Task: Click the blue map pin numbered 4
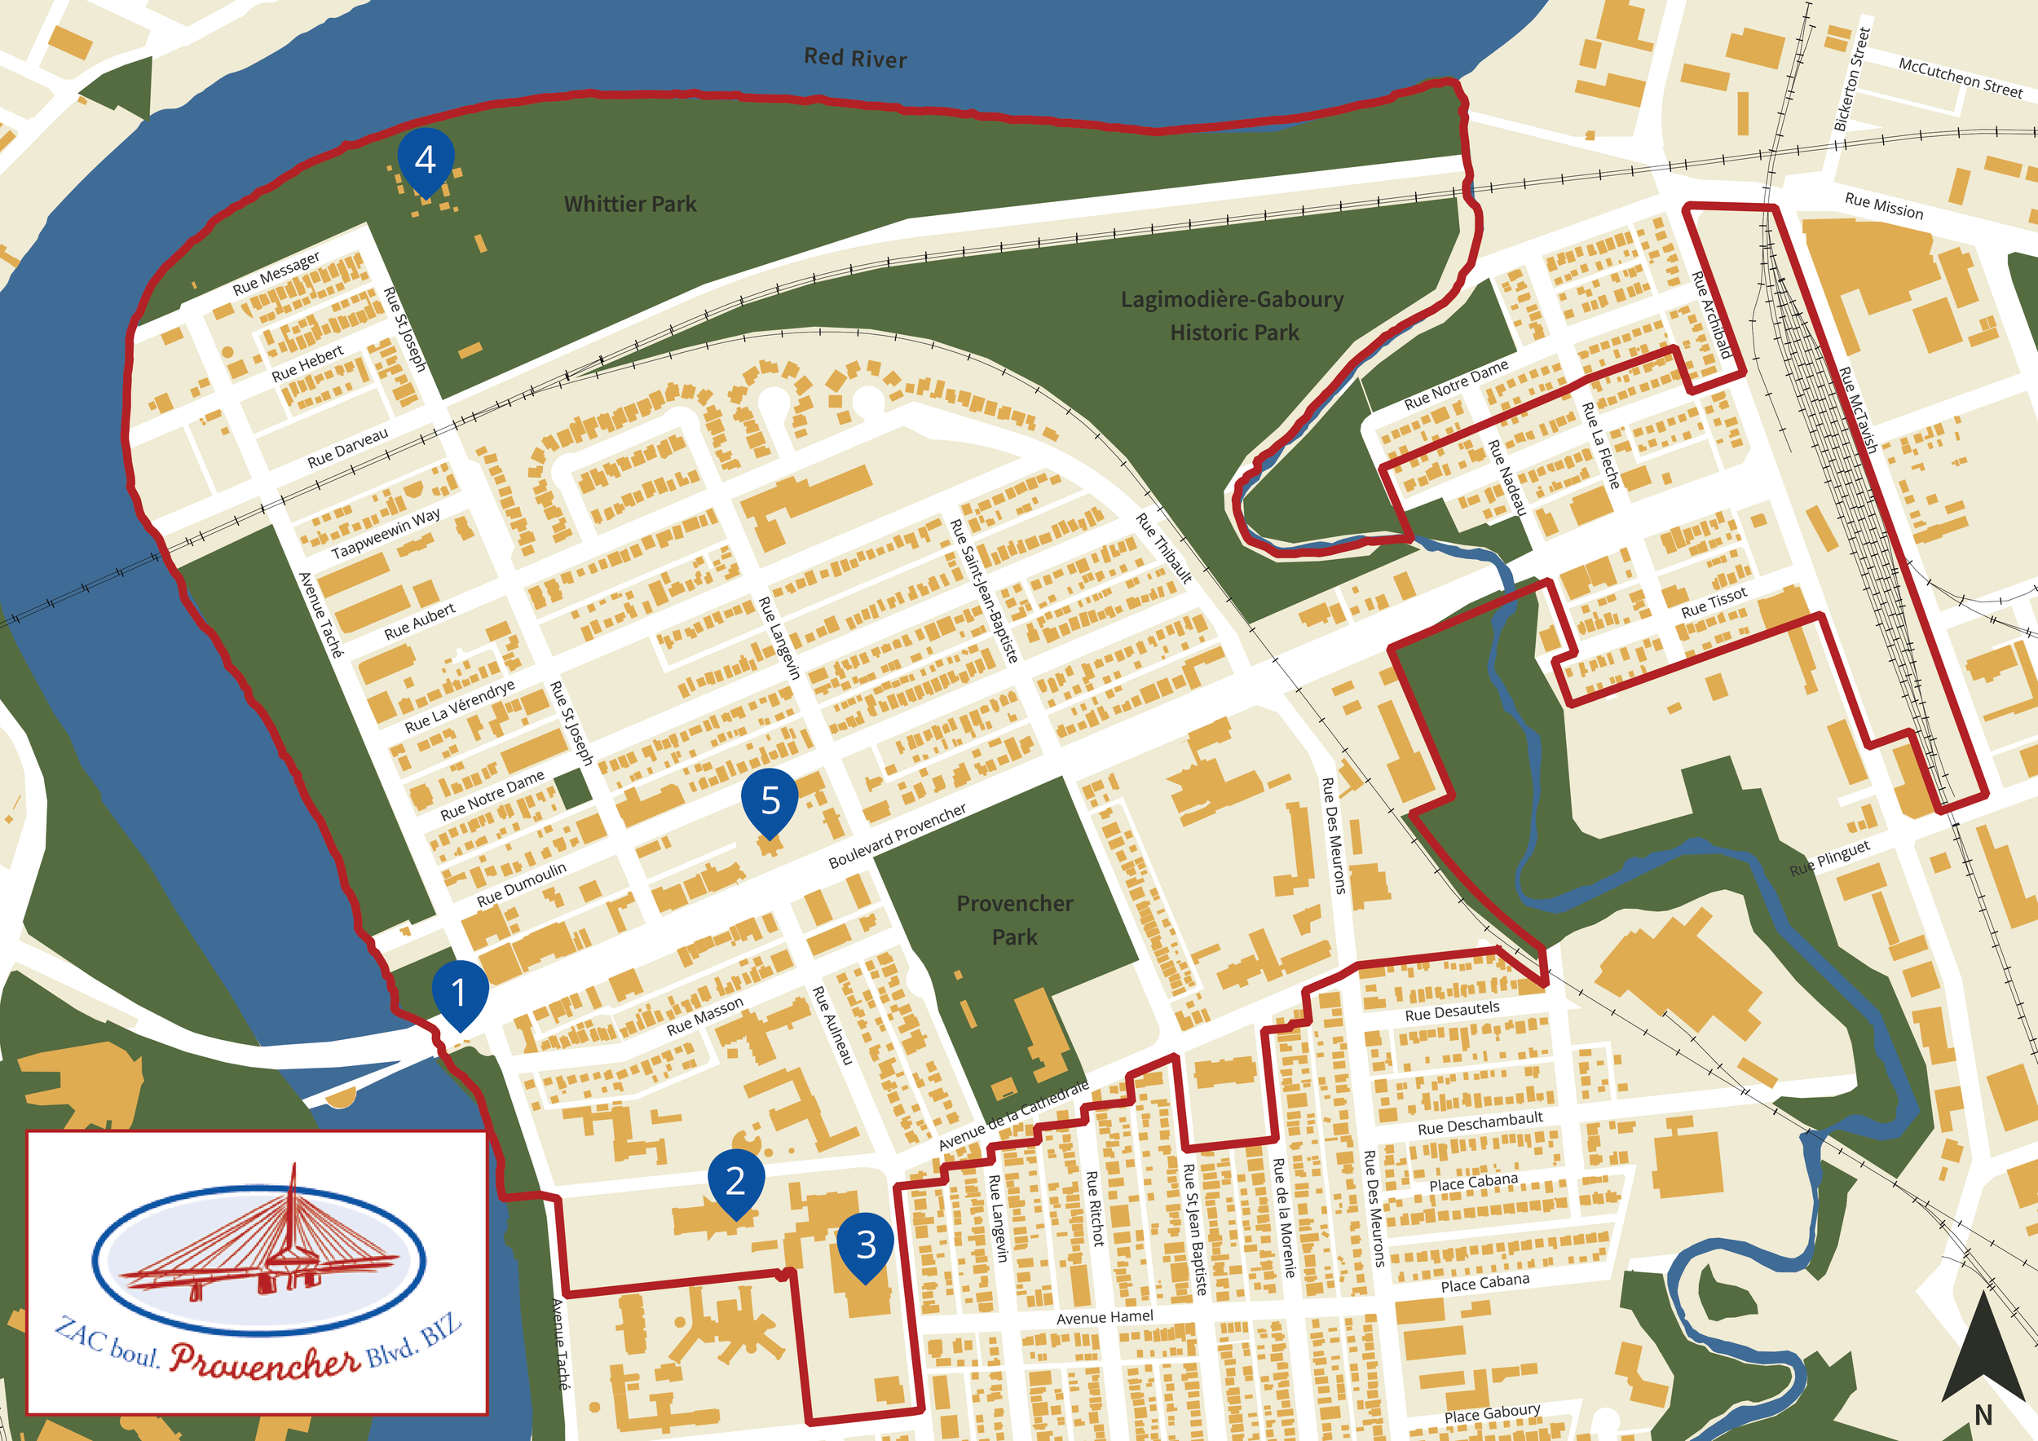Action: (426, 160)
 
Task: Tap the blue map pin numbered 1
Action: (459, 992)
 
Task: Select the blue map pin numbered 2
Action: (735, 1180)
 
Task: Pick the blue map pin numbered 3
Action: (866, 1244)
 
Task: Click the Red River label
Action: (855, 59)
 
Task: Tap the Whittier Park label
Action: (630, 204)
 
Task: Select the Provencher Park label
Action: (1015, 920)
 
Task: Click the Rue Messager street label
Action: (276, 273)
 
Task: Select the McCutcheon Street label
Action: (1960, 77)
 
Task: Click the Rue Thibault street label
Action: (1163, 548)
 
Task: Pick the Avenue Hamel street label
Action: (1105, 1318)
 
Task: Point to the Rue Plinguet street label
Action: (1829, 858)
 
